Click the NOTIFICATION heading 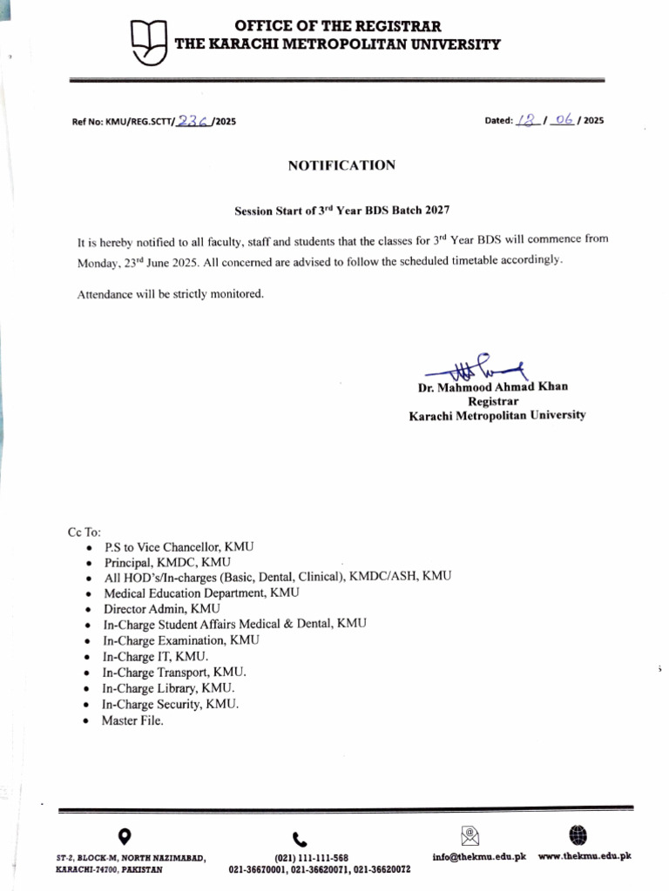click(341, 164)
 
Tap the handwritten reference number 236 click(192, 122)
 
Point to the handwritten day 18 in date click(526, 121)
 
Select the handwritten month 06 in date click(563, 121)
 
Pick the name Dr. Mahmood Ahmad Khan click(493, 387)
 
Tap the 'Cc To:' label click(84, 531)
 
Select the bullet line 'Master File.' click(132, 720)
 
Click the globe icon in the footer click(577, 835)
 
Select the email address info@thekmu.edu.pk click(479, 857)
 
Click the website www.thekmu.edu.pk click(585, 857)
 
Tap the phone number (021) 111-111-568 click(311, 858)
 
